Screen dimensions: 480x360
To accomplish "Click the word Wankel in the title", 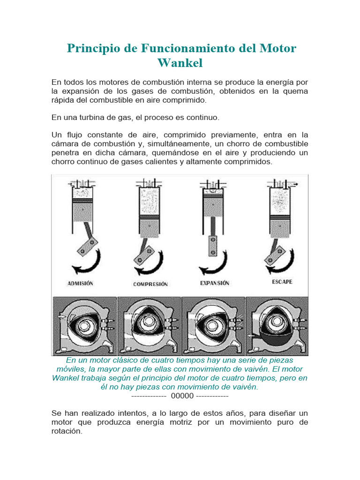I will coord(180,63).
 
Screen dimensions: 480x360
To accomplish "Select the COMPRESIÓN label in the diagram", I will coord(150,284).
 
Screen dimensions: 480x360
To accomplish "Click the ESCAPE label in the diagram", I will coord(282,282).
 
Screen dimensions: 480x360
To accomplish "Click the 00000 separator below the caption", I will coord(182,396).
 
